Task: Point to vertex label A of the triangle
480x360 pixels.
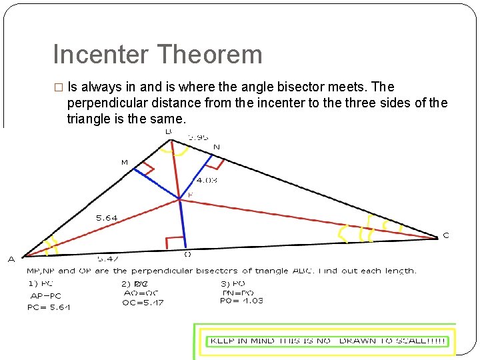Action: coord(11,259)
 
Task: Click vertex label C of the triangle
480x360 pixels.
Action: coord(446,235)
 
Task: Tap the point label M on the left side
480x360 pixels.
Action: coord(124,162)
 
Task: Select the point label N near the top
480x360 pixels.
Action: coord(216,147)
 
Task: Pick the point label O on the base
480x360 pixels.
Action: coord(187,253)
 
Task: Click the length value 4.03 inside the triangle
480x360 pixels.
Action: coord(206,180)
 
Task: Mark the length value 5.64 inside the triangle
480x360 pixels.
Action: coord(107,217)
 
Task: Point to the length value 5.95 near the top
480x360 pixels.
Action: coord(197,137)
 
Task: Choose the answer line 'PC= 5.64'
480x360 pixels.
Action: coord(49,307)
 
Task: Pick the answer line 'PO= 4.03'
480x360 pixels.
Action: coord(241,301)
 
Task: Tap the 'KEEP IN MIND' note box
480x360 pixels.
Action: coord(329,341)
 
